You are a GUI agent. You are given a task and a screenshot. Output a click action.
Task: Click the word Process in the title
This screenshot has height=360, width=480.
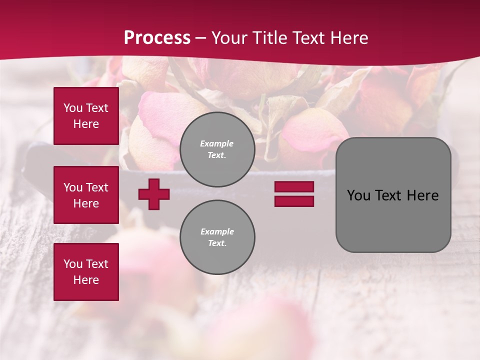[x=157, y=38]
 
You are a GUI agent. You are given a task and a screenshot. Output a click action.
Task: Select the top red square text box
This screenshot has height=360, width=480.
[x=86, y=116]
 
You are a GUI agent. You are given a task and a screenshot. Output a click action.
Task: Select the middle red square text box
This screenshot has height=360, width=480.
[x=86, y=195]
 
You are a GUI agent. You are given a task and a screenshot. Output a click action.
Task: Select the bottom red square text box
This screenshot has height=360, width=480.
[x=86, y=272]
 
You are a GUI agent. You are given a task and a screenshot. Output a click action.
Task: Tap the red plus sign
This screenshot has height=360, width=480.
[x=154, y=194]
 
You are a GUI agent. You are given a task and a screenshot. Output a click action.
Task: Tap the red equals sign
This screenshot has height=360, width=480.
[x=294, y=194]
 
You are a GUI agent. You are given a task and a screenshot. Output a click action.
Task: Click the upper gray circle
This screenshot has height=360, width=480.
[x=217, y=149]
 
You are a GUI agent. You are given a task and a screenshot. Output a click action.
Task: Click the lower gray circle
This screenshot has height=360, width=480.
[x=217, y=237]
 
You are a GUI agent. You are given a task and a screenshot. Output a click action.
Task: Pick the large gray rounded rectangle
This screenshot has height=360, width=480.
[x=393, y=195]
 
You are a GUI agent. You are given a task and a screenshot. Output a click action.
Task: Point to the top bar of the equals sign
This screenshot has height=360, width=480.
[x=294, y=187]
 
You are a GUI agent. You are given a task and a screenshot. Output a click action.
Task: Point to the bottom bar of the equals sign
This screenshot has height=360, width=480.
[x=294, y=201]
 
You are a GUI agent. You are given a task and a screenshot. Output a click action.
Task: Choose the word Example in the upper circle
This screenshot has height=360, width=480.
[x=217, y=144]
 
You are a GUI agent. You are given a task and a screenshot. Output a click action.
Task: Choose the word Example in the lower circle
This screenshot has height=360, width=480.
[x=217, y=232]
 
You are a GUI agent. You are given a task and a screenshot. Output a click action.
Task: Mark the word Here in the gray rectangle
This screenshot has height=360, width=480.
[x=423, y=195]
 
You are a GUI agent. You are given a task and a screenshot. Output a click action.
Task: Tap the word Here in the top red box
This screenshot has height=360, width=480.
[x=86, y=124]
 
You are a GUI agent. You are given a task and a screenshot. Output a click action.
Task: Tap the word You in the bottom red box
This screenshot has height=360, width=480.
[x=73, y=264]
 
